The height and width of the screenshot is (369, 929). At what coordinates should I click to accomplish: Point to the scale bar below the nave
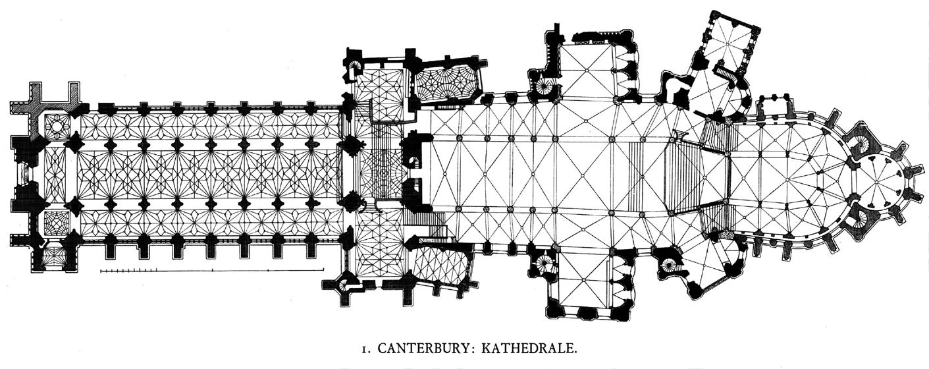click(211, 270)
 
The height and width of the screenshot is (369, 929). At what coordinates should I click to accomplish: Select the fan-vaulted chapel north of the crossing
click(446, 84)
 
